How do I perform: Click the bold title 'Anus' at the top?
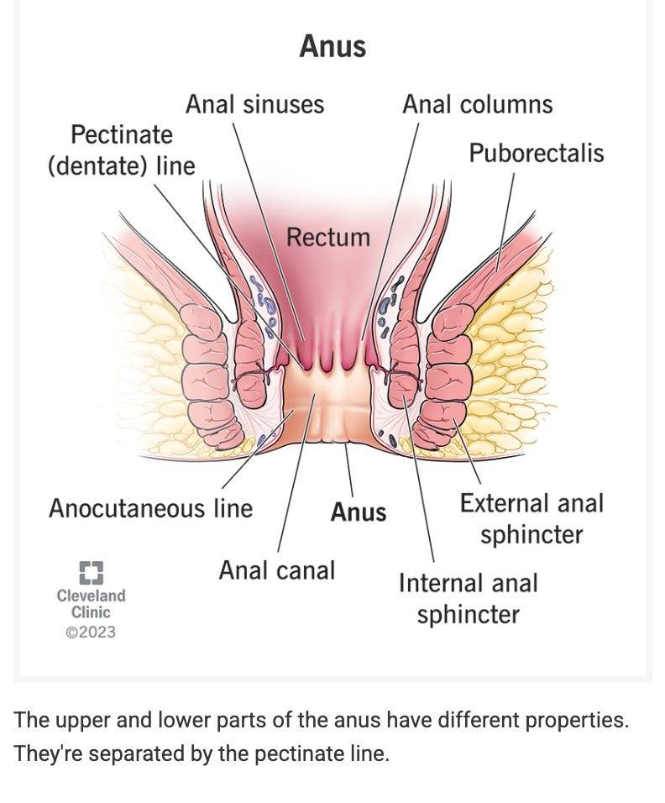(332, 45)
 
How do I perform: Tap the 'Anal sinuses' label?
(254, 104)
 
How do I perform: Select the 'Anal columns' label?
(477, 104)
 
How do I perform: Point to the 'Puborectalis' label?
(536, 153)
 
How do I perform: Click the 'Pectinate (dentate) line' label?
(121, 150)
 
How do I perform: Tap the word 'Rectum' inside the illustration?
(327, 237)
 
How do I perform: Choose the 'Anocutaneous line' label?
(150, 508)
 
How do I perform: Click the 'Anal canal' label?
(276, 570)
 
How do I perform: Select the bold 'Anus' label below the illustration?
(359, 512)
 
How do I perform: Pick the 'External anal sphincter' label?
(531, 518)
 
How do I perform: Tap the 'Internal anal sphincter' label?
(468, 598)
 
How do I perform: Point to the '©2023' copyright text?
(91, 632)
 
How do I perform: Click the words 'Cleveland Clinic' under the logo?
(91, 604)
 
